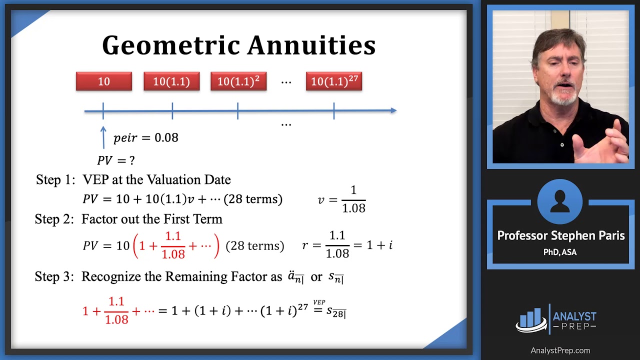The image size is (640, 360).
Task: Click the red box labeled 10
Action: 104,81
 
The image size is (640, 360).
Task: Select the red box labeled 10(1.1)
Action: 171,81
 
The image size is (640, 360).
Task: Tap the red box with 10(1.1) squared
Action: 238,81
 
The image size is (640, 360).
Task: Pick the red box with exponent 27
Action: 334,81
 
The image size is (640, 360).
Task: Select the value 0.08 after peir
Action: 166,137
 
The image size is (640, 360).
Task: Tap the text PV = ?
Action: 116,160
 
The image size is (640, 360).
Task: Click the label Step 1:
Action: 55,179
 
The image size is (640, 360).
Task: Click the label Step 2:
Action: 54,219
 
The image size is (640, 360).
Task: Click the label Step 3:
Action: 54,276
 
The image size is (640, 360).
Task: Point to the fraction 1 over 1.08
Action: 353,199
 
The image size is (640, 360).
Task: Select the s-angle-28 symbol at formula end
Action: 336,312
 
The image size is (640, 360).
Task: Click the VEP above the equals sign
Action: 319,302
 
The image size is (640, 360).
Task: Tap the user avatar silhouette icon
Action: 560,202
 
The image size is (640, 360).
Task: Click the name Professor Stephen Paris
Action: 560,235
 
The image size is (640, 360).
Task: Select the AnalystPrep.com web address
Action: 560,350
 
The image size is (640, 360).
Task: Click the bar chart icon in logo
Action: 531,319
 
